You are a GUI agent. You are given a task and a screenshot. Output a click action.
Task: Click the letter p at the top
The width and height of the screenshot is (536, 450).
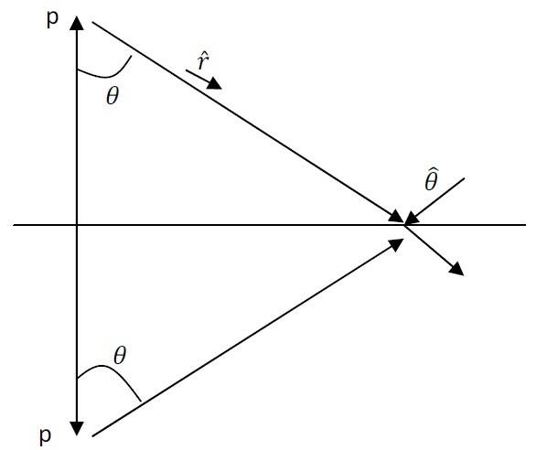click(52, 19)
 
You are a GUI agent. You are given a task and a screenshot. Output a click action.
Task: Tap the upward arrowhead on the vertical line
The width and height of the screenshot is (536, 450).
click(77, 23)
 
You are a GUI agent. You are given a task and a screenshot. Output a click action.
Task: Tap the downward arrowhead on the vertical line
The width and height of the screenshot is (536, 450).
click(77, 428)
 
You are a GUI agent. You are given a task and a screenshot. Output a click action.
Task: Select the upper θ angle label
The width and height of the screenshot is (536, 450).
click(113, 96)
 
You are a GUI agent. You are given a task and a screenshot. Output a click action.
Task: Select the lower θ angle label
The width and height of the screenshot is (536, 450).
click(120, 356)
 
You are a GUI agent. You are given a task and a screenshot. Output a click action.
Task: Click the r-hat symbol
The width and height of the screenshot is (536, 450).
click(203, 62)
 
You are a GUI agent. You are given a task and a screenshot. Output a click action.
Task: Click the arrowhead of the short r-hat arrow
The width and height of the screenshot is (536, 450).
click(215, 84)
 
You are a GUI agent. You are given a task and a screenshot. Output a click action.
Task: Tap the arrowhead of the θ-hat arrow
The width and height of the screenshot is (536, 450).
click(412, 219)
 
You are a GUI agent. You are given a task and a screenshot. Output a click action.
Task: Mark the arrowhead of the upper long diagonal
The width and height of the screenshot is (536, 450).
click(397, 217)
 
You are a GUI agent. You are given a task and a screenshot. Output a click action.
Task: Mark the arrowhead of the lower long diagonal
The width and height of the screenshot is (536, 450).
click(397, 244)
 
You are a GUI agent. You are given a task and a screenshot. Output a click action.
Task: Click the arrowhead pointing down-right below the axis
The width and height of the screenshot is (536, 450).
click(456, 269)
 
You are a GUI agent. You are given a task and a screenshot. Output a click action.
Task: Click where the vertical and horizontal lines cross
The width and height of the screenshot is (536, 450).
click(77, 225)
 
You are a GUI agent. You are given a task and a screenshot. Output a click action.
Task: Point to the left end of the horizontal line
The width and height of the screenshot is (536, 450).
click(14, 225)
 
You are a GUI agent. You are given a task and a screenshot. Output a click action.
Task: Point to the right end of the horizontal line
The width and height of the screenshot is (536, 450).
click(526, 225)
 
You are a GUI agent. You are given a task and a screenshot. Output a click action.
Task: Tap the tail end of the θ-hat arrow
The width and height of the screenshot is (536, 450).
click(465, 178)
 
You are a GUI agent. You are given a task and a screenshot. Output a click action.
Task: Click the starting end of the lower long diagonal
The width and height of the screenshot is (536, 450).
click(92, 436)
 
